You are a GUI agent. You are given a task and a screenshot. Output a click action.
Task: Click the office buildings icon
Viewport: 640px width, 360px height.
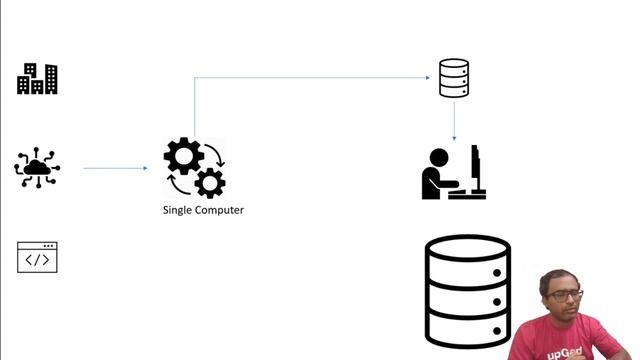coord(37,79)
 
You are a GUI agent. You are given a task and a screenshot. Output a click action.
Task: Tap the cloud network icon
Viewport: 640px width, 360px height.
coord(37,168)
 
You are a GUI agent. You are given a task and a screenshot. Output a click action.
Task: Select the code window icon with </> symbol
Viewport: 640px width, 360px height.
coord(37,257)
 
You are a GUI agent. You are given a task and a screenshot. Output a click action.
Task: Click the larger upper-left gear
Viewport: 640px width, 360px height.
coord(183,156)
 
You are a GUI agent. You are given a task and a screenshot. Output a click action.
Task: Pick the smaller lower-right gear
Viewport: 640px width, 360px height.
coord(210,183)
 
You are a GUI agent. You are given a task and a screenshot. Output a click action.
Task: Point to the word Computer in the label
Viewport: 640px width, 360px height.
coord(221,210)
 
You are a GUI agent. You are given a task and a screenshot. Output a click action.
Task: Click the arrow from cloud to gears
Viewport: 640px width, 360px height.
coord(115,168)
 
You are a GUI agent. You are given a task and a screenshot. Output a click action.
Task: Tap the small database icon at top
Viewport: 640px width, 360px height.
coord(454,79)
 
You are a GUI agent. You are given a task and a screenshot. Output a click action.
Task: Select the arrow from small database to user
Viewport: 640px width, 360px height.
coord(454,120)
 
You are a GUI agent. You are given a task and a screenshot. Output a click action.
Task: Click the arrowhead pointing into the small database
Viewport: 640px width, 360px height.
coord(432,78)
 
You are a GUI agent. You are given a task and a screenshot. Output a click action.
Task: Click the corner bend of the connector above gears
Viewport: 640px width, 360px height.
coord(194,78)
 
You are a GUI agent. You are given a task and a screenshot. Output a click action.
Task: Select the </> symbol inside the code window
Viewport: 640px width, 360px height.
coord(37,260)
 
